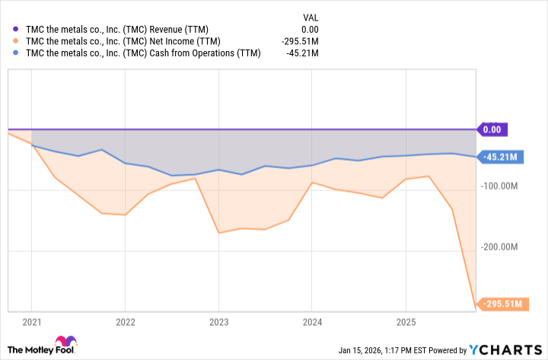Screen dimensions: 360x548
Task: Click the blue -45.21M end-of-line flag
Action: click(499, 158)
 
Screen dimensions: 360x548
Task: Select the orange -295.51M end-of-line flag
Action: click(501, 304)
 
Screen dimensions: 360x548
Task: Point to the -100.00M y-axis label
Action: click(500, 186)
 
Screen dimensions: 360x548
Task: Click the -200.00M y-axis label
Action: click(500, 247)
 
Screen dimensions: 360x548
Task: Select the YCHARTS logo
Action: click(505, 350)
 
